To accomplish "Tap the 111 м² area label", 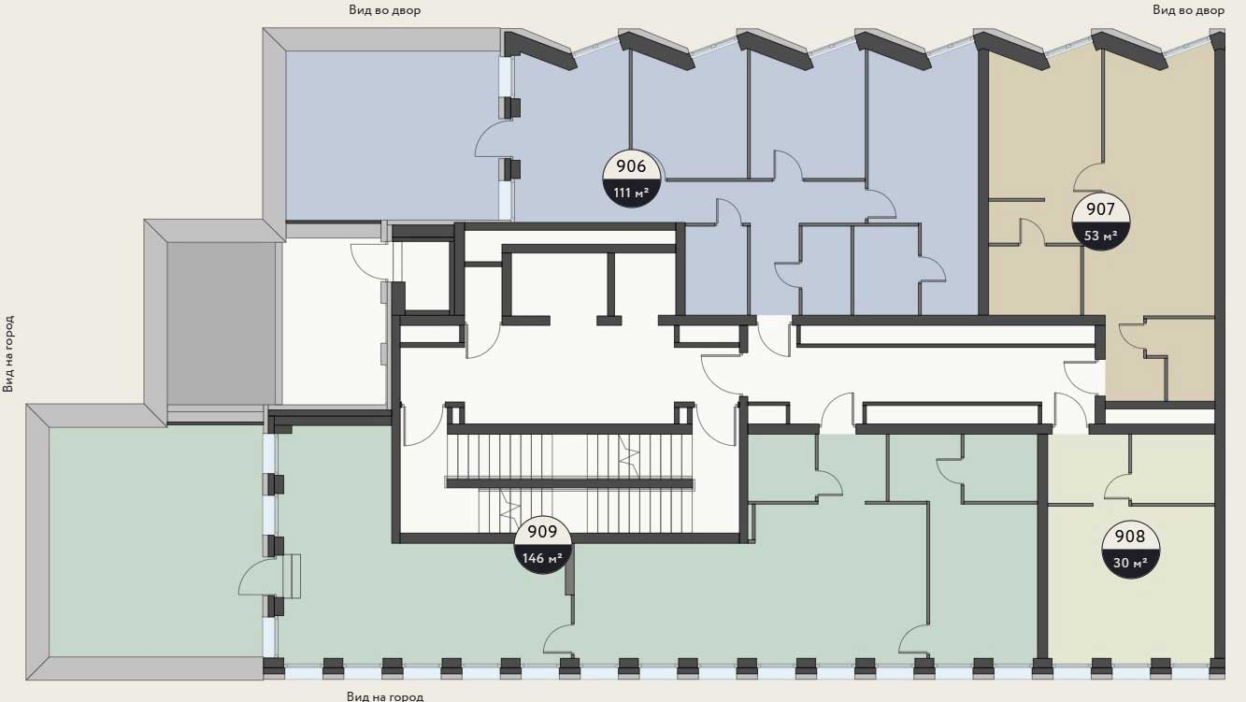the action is [631, 193].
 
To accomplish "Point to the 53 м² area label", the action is [1100, 236].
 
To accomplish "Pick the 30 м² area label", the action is [1130, 563].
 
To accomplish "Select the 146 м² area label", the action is [542, 558].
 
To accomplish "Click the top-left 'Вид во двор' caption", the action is [384, 10].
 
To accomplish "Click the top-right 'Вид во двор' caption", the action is [1188, 10].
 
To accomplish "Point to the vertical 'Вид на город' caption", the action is [8, 354].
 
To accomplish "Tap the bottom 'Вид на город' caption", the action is [385, 695].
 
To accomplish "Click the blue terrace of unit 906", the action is [392, 136].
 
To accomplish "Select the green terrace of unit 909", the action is [156, 542].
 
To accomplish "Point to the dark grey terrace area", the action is [222, 323].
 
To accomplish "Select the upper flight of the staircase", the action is [569, 454].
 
